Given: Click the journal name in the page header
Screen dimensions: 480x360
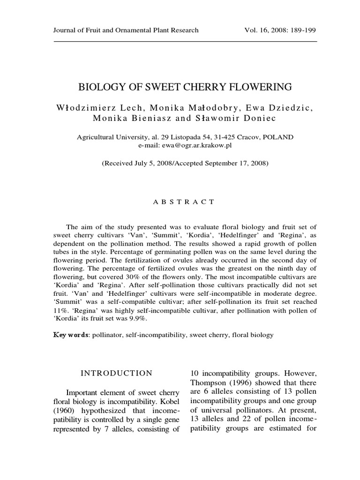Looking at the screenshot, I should (x=126, y=30).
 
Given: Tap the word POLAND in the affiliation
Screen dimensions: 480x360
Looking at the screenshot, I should (x=278, y=137).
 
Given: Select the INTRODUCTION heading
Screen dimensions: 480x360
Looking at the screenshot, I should (x=117, y=373).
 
